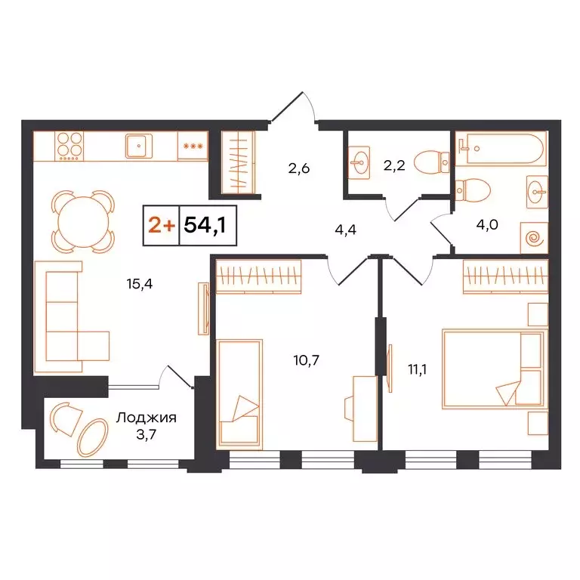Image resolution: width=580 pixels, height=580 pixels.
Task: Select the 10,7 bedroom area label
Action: click(x=307, y=359)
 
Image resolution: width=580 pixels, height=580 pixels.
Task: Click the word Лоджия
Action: click(x=147, y=416)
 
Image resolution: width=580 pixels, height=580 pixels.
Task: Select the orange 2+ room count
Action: click(x=159, y=226)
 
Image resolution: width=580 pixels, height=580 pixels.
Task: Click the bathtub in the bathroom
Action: click(x=501, y=150)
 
